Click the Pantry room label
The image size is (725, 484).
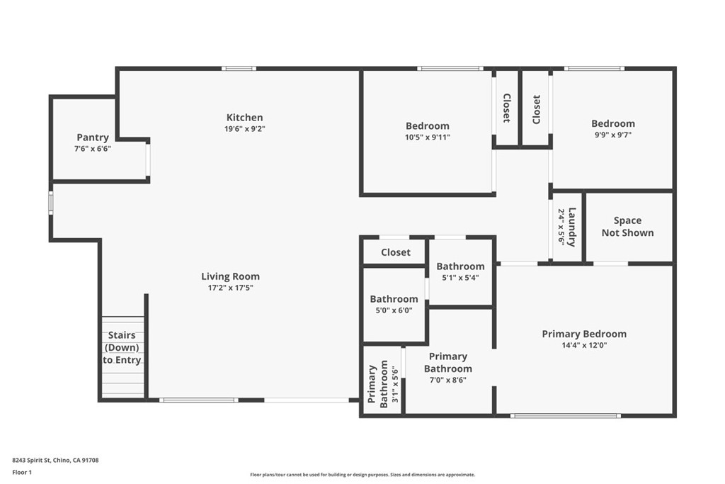tap(93, 137)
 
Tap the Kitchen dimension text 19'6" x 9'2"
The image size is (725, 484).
tap(244, 129)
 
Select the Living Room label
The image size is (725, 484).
tap(230, 276)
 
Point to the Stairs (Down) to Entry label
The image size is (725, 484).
tap(122, 348)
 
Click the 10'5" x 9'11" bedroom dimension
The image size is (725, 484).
tap(427, 137)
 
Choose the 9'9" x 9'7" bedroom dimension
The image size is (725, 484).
tap(612, 135)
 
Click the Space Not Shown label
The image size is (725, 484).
tap(627, 227)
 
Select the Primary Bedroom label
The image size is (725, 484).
tap(583, 334)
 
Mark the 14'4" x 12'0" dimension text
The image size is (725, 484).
tap(583, 345)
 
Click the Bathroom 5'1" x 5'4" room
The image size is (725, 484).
tap(460, 272)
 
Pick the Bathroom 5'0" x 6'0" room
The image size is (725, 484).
tap(394, 304)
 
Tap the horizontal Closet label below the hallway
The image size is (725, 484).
tap(395, 252)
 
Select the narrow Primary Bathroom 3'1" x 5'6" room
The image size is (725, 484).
tap(383, 383)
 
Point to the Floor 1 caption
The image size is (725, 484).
tap(23, 471)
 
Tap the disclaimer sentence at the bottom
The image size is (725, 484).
tap(362, 475)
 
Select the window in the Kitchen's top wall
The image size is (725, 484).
tap(239, 68)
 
